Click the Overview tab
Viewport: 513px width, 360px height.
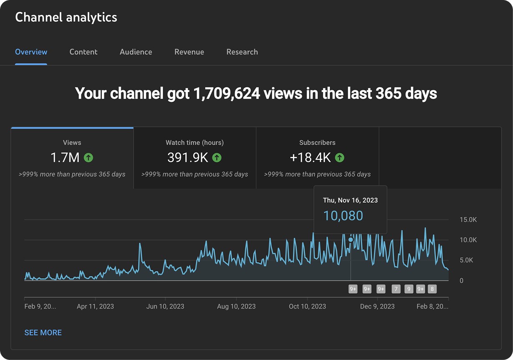(31, 52)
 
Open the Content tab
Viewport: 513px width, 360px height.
(83, 52)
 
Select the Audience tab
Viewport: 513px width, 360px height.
(136, 52)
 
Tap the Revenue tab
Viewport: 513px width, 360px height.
(189, 52)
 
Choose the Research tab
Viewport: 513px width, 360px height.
(242, 52)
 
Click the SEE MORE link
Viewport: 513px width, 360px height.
(43, 332)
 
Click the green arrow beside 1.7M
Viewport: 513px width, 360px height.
(88, 158)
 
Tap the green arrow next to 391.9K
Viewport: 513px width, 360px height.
(217, 158)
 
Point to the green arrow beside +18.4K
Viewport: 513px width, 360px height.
(340, 158)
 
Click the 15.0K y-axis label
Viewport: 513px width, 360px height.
(468, 220)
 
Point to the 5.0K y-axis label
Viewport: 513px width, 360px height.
(466, 260)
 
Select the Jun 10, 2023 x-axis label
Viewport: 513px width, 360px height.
(165, 307)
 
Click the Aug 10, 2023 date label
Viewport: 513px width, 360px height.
(236, 307)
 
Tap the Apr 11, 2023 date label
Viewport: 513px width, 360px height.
(95, 307)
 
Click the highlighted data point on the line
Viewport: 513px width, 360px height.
(351, 239)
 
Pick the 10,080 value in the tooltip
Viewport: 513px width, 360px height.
(343, 216)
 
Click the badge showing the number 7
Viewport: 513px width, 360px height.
(396, 289)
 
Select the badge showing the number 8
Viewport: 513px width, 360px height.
(432, 289)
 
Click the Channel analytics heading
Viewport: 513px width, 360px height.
(66, 17)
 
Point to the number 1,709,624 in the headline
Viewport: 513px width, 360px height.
(227, 93)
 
